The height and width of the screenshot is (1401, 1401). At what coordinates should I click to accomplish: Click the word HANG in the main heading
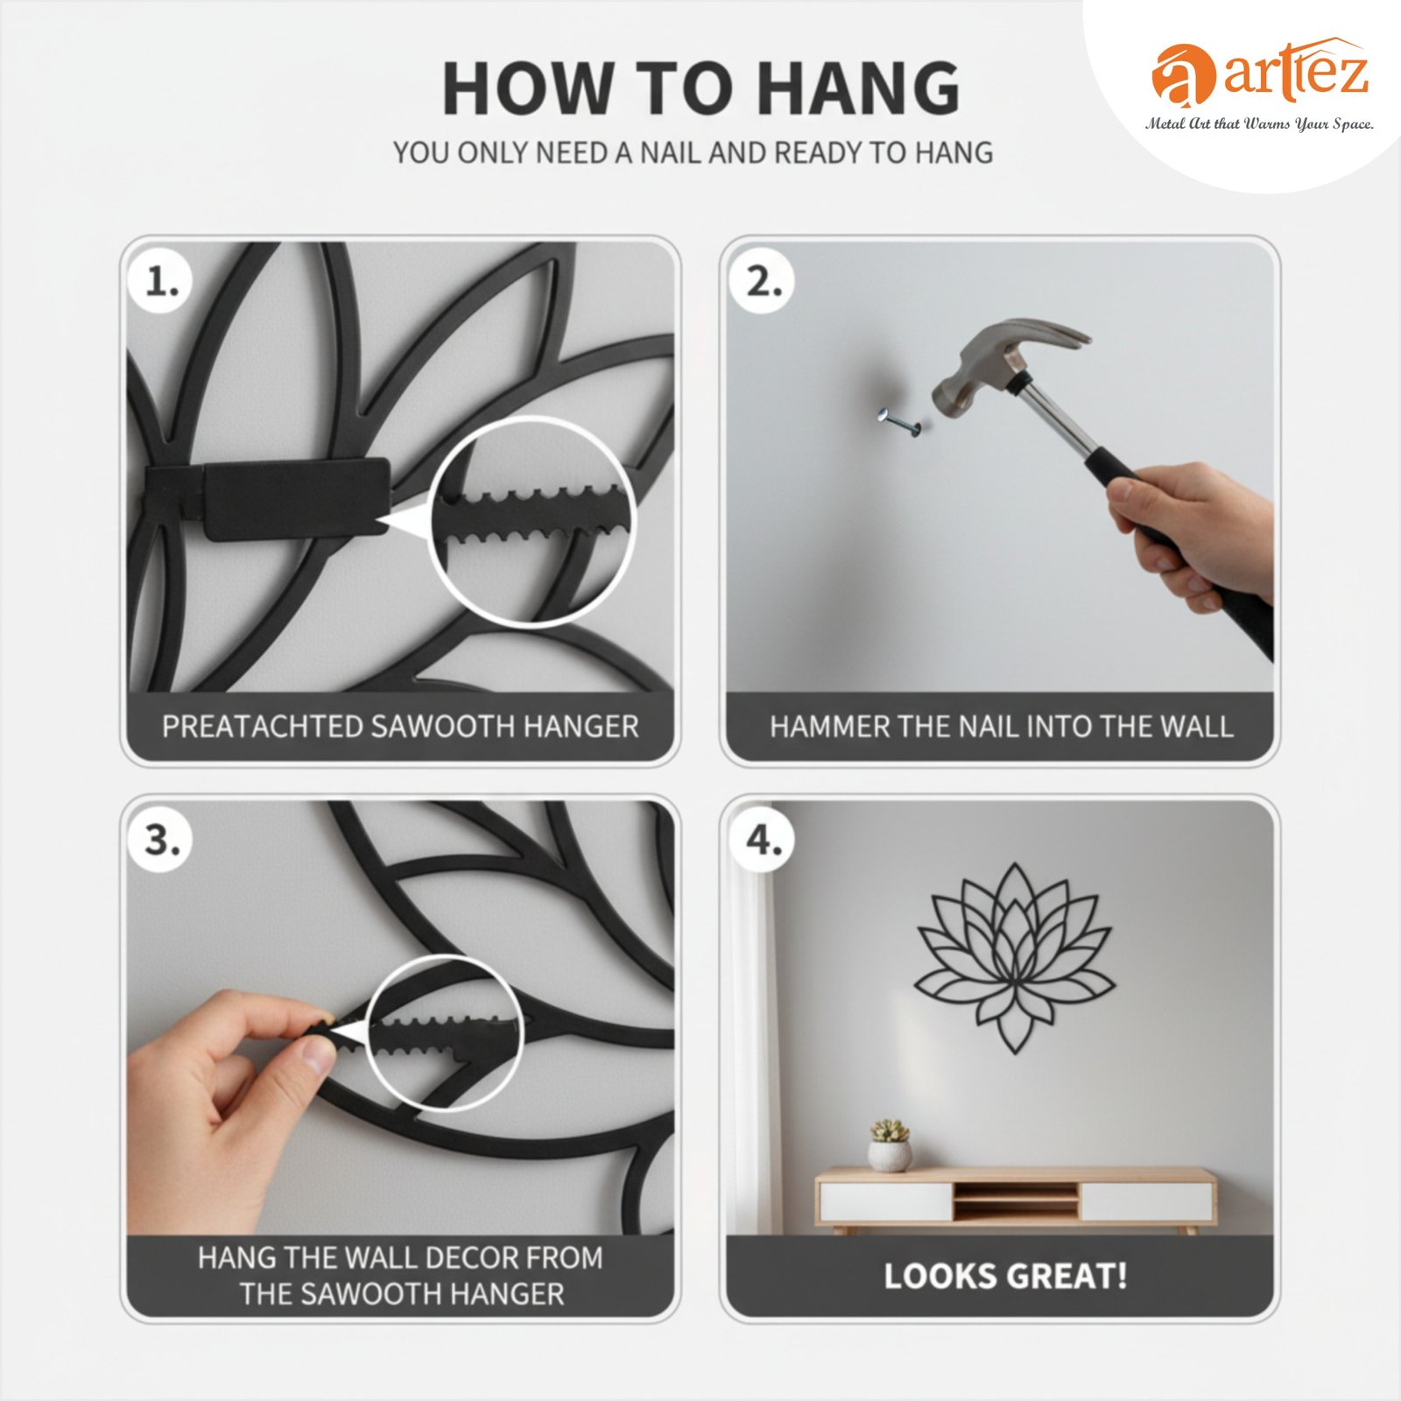tap(858, 88)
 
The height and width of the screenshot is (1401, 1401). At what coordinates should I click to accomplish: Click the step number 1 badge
tap(162, 282)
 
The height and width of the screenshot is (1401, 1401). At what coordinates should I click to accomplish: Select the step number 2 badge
tap(764, 282)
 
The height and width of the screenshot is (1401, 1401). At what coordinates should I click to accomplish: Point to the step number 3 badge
tap(162, 840)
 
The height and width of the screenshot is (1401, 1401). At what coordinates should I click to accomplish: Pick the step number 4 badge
tap(764, 840)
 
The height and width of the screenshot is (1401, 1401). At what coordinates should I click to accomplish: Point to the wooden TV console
tap(1016, 1200)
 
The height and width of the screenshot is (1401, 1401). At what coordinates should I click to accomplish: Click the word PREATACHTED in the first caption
tap(263, 727)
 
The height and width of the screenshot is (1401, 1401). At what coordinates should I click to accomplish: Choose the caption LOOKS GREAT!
tap(1005, 1276)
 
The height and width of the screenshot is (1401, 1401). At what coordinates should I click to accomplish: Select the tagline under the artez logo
tap(1259, 124)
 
